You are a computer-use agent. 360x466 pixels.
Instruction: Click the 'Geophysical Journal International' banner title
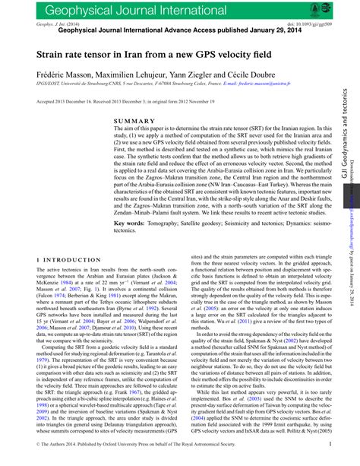click(125, 10)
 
